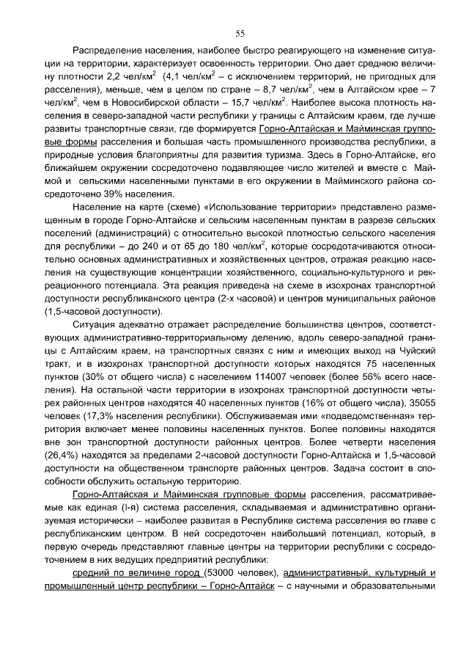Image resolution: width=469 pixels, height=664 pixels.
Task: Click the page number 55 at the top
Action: click(240, 33)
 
